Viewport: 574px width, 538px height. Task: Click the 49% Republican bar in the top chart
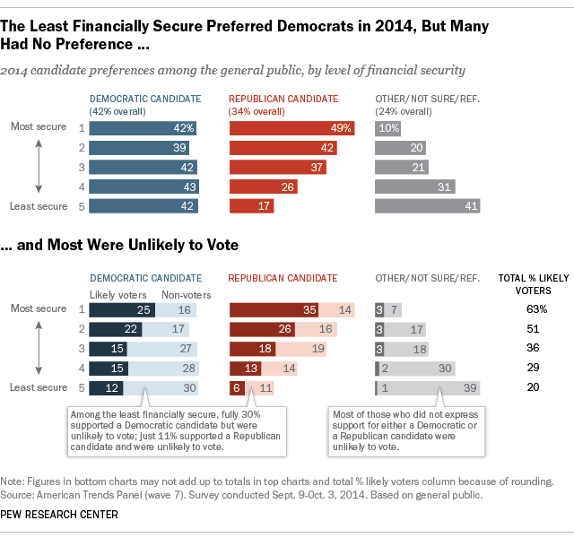tap(291, 128)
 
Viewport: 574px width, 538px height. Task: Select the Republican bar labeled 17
tap(251, 206)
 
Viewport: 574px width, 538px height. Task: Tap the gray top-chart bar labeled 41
tap(426, 206)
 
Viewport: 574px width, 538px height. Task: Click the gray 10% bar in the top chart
tap(388, 128)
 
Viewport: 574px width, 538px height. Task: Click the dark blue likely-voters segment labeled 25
tap(122, 309)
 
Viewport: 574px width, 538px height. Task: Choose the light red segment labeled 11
tap(259, 388)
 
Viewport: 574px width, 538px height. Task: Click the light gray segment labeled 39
tap(430, 388)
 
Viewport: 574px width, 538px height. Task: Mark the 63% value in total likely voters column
tap(536, 309)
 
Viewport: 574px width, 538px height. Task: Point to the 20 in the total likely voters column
tap(536, 388)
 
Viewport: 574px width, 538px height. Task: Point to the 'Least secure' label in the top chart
tap(39, 206)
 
